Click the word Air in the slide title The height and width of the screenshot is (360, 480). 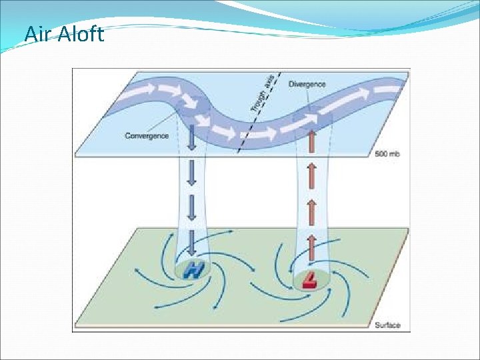[37, 33]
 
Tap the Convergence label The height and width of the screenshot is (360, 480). [147, 136]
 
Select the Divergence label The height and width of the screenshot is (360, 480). [307, 84]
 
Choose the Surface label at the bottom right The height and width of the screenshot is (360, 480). [387, 325]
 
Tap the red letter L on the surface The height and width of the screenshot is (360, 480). [309, 280]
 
